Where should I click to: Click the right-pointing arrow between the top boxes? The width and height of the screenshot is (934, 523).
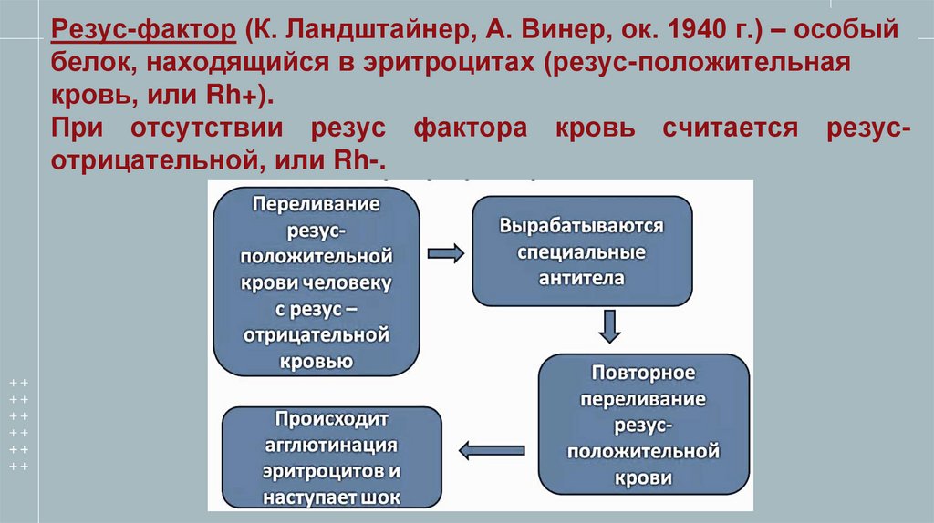(x=445, y=253)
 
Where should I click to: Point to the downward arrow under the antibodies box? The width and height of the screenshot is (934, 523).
(x=610, y=325)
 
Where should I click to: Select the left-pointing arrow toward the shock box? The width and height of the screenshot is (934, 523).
(x=488, y=448)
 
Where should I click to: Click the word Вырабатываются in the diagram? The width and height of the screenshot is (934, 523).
(x=581, y=227)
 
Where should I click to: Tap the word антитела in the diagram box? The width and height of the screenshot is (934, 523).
(x=581, y=278)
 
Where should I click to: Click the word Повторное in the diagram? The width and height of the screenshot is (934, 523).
(x=644, y=374)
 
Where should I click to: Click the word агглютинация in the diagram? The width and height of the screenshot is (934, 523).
(x=331, y=446)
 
